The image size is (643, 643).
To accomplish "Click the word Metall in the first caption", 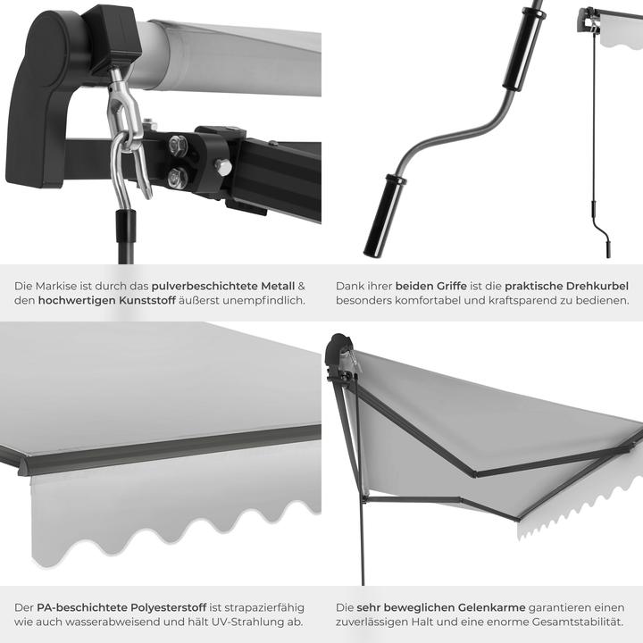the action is (x=278, y=286).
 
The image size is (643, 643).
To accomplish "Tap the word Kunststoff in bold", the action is (x=147, y=300).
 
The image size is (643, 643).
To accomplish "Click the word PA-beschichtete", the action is (x=82, y=607).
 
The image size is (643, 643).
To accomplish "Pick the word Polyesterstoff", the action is (x=168, y=608).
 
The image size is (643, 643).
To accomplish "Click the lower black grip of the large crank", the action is (x=383, y=216).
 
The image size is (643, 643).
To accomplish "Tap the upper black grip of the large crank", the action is (x=523, y=48).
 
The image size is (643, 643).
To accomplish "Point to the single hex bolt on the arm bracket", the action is (x=223, y=167).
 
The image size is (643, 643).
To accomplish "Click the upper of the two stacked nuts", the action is (x=178, y=145).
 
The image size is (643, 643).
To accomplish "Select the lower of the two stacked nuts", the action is (x=177, y=179).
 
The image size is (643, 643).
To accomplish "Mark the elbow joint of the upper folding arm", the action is (x=476, y=473).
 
